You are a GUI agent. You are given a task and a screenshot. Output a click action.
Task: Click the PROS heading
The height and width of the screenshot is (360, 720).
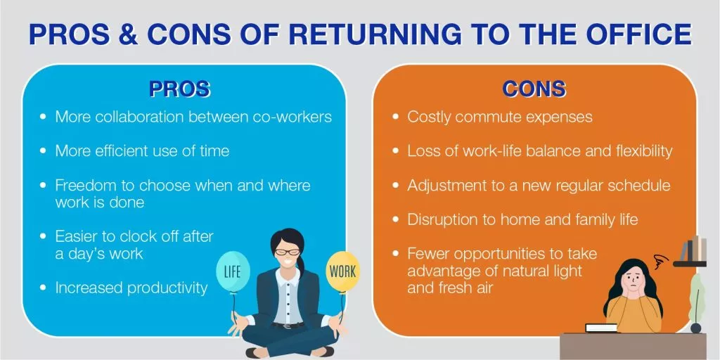[179, 90]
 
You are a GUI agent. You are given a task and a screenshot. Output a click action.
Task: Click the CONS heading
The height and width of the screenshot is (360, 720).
[534, 90]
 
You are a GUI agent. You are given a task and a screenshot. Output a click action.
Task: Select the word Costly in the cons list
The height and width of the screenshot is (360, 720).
[428, 117]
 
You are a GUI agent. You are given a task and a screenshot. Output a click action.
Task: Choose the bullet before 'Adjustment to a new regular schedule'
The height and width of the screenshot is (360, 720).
[396, 186]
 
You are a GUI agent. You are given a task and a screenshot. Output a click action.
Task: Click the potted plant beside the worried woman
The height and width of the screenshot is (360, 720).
[695, 302]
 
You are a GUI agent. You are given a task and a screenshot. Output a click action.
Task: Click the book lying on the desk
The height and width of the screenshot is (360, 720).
[602, 328]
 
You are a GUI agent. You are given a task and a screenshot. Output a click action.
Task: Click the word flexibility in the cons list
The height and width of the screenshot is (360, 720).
[638, 152]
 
